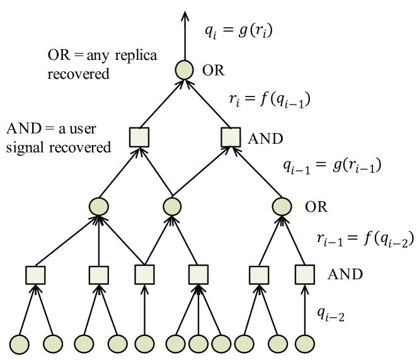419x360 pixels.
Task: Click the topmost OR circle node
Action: [x=184, y=70]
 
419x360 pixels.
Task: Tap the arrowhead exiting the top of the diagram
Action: [x=185, y=16]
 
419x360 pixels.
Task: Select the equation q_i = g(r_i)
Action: [x=239, y=31]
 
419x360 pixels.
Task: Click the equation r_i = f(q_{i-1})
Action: [x=270, y=100]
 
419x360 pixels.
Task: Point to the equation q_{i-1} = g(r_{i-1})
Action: [x=332, y=166]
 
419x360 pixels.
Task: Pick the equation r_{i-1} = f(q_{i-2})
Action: [x=365, y=238]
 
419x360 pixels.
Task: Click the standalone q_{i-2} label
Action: [x=331, y=314]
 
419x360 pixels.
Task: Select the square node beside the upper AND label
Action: [x=231, y=137]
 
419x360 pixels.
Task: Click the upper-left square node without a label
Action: [x=139, y=137]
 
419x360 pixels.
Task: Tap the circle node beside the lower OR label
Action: [x=282, y=207]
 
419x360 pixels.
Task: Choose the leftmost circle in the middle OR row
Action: [x=99, y=207]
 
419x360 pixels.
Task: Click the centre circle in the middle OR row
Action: [x=173, y=207]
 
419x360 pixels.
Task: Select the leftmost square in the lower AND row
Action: [x=35, y=275]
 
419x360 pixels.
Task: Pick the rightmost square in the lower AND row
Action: [x=304, y=274]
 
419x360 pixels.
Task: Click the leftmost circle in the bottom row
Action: [x=20, y=344]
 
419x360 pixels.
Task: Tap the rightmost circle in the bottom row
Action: [x=304, y=344]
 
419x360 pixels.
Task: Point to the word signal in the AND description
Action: [x=25, y=148]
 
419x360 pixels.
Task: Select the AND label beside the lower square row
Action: [x=345, y=274]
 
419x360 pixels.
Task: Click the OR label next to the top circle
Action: [x=213, y=71]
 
